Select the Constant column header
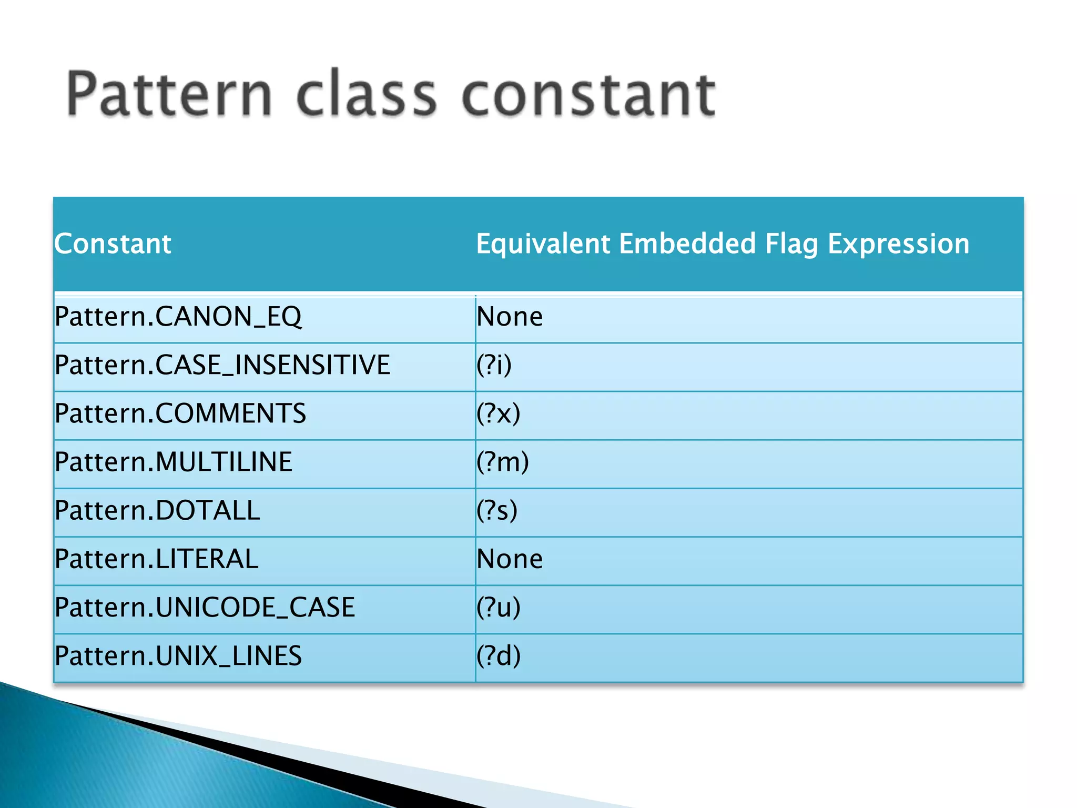113,244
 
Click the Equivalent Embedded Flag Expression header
723,244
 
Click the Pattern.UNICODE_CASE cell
205,608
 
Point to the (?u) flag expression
498,608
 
